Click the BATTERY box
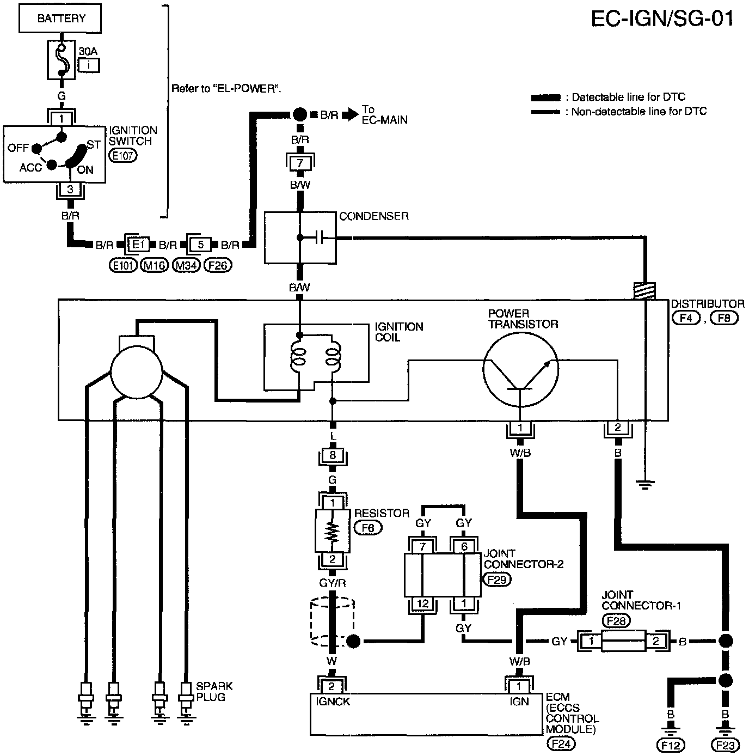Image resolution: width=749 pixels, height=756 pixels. pos(60,19)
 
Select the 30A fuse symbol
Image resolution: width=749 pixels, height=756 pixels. pos(61,60)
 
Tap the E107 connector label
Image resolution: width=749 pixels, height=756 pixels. pos(122,156)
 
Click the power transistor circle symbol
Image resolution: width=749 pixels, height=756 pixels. pos(520,370)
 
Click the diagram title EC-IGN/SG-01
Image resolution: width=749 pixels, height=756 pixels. pos(662,19)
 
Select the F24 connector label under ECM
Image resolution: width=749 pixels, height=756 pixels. pos(560,743)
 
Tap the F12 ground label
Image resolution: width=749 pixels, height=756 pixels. pos(671,745)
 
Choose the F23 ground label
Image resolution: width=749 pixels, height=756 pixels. pos(725,745)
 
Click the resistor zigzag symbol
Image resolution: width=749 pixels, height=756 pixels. pos(332,532)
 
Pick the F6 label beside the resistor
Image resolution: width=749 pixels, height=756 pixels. pos(368,528)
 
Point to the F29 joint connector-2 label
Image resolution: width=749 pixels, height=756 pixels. pos(497,580)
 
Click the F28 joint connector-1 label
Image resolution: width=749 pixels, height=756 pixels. pos(616,620)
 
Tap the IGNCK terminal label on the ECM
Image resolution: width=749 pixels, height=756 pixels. pos(333,702)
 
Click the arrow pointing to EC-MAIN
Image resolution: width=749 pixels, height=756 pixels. pos(350,114)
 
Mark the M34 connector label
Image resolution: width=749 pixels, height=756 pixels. pos(186,266)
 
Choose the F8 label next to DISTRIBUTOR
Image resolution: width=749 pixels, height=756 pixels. pos(724,318)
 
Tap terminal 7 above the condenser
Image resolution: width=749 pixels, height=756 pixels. pos(300,163)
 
